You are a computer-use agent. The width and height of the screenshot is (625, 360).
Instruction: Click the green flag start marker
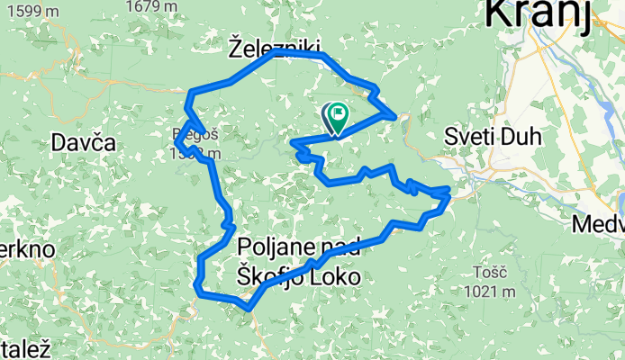pyautogui.click(x=339, y=114)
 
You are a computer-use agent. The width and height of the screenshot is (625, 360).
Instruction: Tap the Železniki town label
pyautogui.click(x=274, y=44)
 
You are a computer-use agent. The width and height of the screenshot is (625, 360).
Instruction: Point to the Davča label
pyautogui.click(x=85, y=142)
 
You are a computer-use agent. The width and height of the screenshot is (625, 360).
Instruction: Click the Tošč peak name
pyautogui.click(x=492, y=272)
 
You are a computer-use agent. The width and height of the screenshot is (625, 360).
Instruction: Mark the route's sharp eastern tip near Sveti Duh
pyautogui.click(x=448, y=192)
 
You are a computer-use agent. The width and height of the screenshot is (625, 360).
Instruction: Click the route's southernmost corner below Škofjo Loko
pyautogui.click(x=247, y=307)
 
